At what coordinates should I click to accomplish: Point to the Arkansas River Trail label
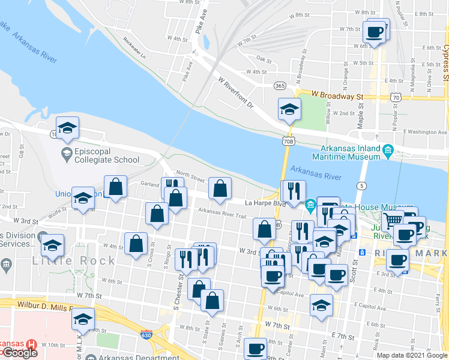pyautogui.click(x=222, y=215)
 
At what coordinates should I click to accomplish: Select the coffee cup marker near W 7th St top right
pyautogui.click(x=375, y=33)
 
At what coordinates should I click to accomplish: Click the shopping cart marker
pyautogui.click(x=393, y=220)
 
